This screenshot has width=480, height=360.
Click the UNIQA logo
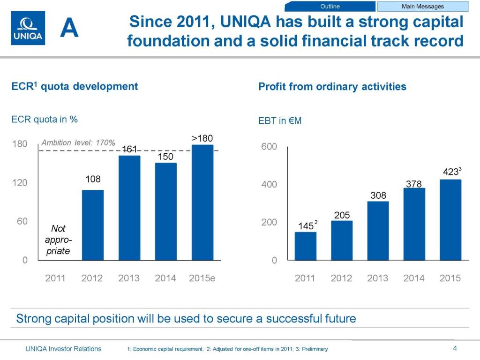28,28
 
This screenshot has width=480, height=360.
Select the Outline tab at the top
330,6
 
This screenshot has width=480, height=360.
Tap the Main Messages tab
422,6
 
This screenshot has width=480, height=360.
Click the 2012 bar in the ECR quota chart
92,225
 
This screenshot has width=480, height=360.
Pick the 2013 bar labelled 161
129,207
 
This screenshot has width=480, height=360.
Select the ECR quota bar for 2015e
202,202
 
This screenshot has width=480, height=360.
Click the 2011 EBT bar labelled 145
305,246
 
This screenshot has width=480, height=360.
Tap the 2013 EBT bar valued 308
378,230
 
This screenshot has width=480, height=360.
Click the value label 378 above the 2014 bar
414,184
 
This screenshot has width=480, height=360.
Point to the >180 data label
202,138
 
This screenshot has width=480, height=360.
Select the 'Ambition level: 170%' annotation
78,142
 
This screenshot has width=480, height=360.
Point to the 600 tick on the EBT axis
269,147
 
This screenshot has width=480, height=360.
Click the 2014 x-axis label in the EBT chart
414,278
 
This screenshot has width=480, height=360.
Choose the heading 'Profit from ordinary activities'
332,87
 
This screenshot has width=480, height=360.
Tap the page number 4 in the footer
455,348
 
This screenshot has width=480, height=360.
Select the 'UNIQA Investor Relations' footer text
63,348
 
